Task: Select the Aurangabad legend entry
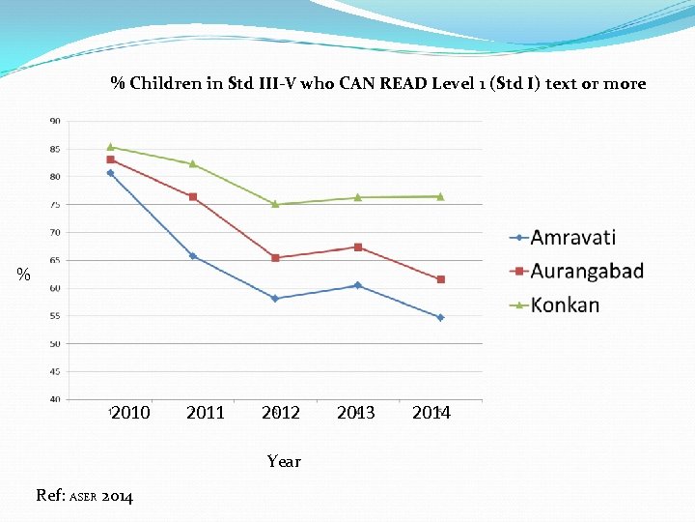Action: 586,271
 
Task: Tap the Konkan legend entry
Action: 564,304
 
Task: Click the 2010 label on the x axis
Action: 130,413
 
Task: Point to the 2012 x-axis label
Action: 281,413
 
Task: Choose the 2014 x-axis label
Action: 431,413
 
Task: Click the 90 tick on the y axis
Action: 55,121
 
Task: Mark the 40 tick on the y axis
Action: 55,399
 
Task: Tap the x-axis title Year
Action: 284,461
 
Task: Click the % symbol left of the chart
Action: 24,275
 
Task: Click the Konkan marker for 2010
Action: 110,147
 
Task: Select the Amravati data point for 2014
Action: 440,317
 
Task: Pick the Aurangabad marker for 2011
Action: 193,197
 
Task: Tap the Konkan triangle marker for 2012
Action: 275,204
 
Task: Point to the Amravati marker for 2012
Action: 275,299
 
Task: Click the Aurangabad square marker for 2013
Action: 358,247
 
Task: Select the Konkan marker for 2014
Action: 440,196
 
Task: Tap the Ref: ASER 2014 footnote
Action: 85,496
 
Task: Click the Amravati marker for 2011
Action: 193,256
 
